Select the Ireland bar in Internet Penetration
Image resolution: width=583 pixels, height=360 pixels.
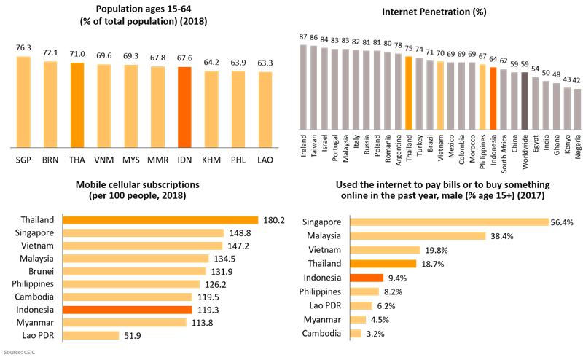click(303, 87)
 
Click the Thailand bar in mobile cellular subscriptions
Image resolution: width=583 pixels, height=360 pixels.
click(161, 220)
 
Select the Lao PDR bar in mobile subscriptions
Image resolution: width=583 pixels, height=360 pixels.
click(91, 335)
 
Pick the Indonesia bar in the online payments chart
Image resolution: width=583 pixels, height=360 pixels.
click(367, 277)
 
